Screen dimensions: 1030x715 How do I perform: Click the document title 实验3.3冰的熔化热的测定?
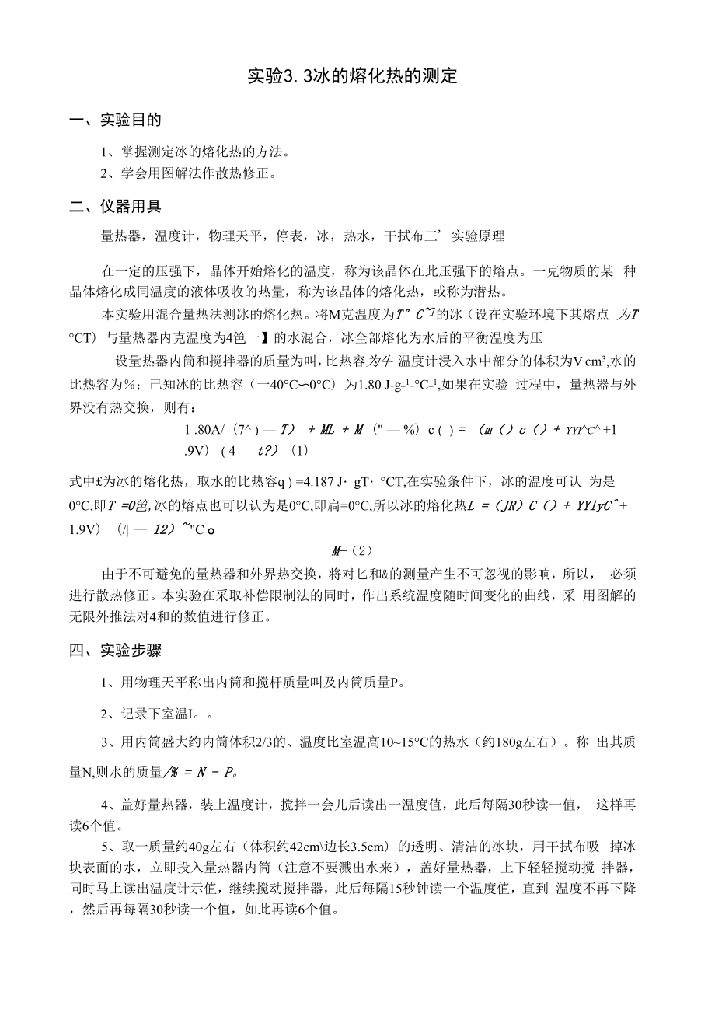(352, 76)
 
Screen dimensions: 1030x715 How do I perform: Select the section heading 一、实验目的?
(116, 120)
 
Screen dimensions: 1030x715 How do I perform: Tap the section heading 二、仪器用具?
(116, 207)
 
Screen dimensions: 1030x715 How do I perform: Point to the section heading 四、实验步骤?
(116, 650)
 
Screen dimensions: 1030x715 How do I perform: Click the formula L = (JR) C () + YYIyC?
(543, 505)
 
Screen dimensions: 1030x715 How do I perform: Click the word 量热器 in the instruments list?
(117, 236)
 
